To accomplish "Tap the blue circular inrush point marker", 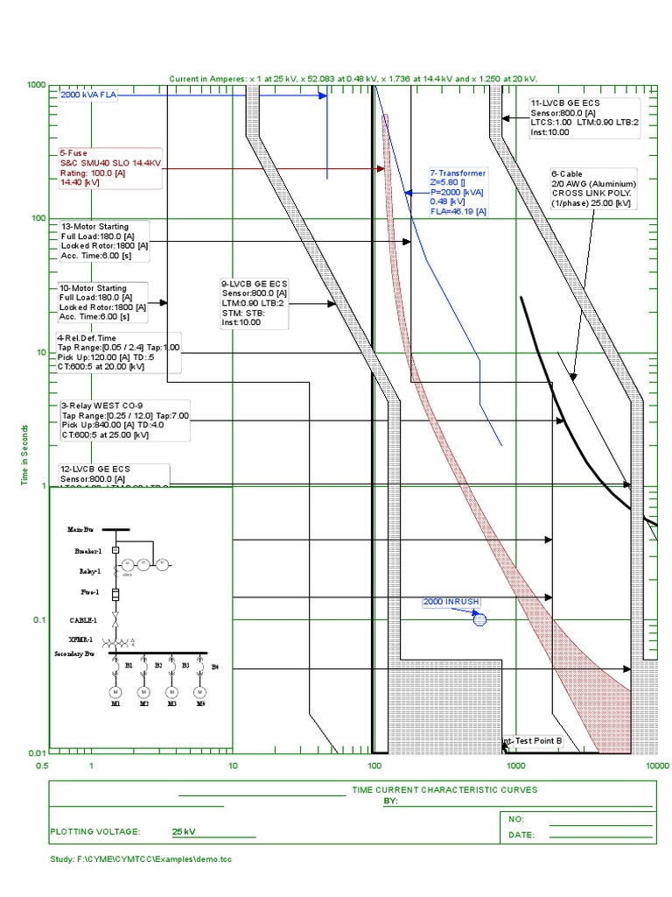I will [x=479, y=619].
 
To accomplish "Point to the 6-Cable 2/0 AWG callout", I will [x=592, y=188].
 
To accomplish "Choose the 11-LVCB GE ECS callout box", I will [x=584, y=117].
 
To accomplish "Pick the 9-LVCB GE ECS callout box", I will [x=255, y=303].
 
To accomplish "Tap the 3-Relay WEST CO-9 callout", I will [x=123, y=420].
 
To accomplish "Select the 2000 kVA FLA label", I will [x=88, y=95].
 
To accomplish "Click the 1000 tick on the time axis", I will [x=36, y=85].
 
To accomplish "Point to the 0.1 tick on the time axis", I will [x=37, y=620].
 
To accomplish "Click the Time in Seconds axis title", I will [x=25, y=456].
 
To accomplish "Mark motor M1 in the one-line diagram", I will [x=115, y=693].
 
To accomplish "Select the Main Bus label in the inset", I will [x=80, y=530].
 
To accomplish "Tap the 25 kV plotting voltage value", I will [x=183, y=831].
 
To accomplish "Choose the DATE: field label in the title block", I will [x=521, y=835].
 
